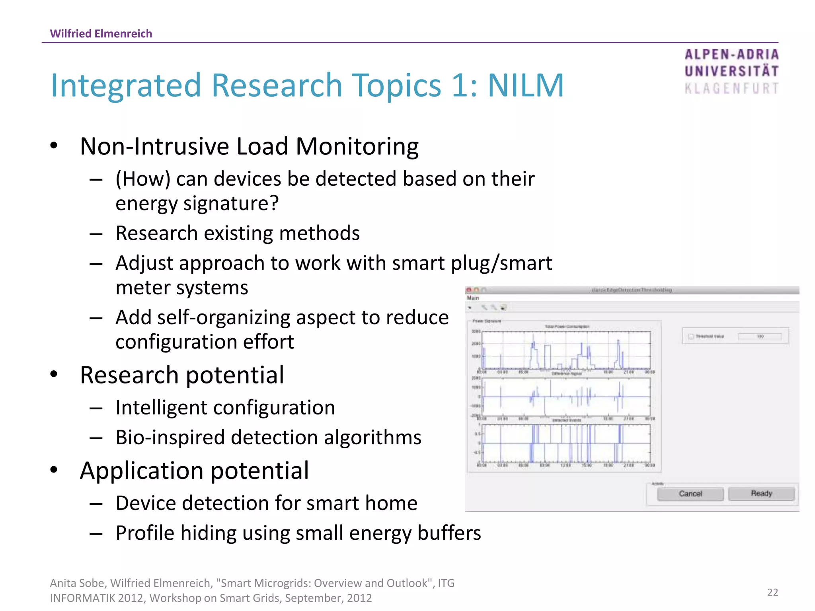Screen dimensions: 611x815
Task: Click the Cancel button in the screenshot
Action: tap(690, 494)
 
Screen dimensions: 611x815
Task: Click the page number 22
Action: tap(772, 592)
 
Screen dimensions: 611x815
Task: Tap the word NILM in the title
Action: tap(526, 86)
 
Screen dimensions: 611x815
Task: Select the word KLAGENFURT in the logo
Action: tap(731, 88)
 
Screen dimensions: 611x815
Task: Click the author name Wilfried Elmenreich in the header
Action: tap(101, 33)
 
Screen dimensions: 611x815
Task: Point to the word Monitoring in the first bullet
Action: tap(357, 146)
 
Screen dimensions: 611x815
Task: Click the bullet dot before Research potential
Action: tap(54, 374)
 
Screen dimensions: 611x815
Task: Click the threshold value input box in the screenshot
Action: tap(760, 337)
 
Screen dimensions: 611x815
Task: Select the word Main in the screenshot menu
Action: tap(473, 298)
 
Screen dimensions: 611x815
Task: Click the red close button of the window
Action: tap(469, 290)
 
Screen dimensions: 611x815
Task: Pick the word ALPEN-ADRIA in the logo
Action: tap(731, 54)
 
